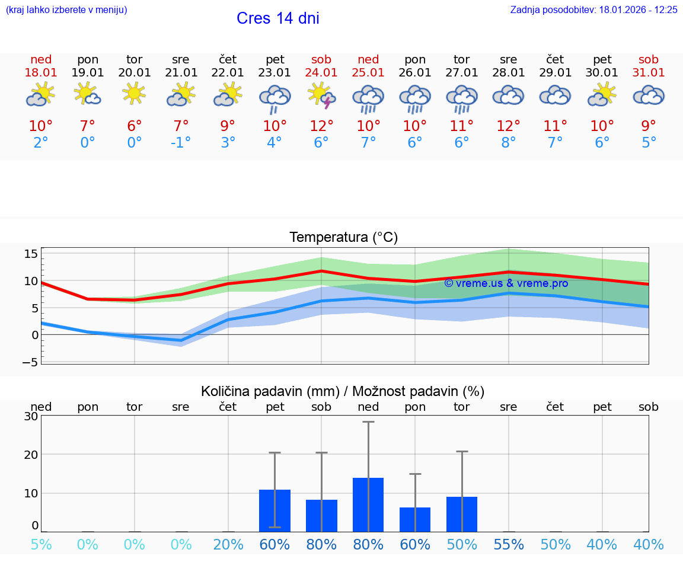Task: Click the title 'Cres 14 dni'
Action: tap(277, 18)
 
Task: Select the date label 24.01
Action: tap(321, 73)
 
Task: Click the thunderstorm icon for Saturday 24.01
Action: tap(321, 97)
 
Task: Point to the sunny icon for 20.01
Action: tap(135, 94)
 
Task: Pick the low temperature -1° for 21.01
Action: tap(181, 143)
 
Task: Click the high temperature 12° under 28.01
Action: tap(508, 126)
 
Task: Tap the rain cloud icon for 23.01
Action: tap(275, 98)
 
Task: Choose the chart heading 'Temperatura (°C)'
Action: tap(343, 238)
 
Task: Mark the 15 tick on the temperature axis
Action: tap(31, 254)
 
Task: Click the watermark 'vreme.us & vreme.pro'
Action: tap(506, 283)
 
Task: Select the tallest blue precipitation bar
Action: tap(368, 504)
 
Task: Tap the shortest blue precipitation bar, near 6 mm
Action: tap(415, 519)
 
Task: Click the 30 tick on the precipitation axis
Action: tap(31, 416)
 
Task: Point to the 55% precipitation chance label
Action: tap(509, 545)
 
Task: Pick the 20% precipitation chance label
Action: tap(228, 545)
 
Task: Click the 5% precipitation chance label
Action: tap(41, 545)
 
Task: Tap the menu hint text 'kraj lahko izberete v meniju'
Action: tap(66, 9)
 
